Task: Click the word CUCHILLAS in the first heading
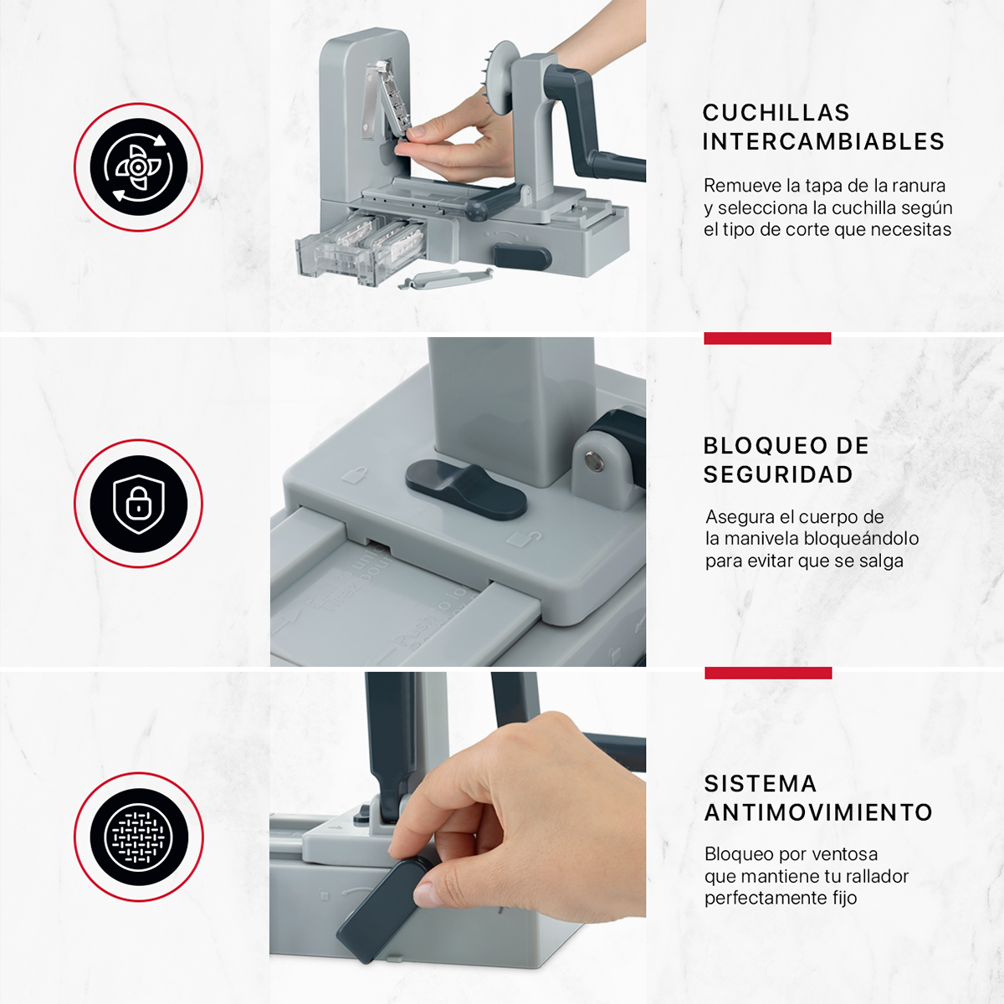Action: tap(764, 113)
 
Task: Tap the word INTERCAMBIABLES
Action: tap(823, 142)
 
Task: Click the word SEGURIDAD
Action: tap(778, 474)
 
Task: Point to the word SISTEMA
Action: tap(760, 784)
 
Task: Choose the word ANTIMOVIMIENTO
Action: tap(818, 812)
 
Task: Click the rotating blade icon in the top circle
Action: tap(138, 167)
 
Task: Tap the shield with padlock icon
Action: tap(138, 504)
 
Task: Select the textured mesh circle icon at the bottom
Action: tap(138, 837)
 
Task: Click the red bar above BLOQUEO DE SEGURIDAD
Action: tap(767, 338)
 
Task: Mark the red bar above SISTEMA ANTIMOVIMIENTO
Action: tap(768, 673)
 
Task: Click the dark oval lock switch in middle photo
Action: tap(466, 488)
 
